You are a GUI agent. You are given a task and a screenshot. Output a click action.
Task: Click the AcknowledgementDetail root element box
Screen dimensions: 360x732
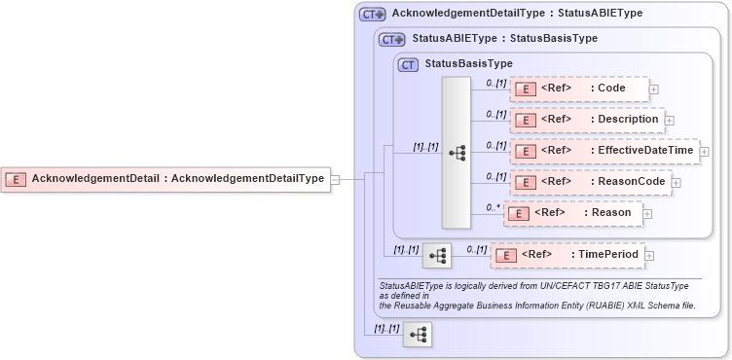165,179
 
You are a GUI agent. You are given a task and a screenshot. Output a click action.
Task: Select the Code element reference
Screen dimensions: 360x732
579,89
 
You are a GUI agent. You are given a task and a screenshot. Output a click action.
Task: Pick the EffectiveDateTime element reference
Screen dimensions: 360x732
604,151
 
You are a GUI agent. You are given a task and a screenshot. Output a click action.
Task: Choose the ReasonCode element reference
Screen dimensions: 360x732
589,182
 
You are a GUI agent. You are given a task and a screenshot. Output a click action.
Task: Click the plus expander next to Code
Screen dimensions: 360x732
654,90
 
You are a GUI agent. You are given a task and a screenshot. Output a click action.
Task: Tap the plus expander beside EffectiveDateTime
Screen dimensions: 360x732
705,152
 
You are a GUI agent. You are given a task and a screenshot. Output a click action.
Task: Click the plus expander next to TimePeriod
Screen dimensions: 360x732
650,256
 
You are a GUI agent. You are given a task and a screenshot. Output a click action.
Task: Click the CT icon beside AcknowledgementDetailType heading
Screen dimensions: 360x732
373,15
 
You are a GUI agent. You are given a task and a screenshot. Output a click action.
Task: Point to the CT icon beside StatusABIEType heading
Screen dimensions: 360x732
392,40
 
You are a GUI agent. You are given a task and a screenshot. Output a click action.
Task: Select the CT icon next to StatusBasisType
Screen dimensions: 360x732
409,64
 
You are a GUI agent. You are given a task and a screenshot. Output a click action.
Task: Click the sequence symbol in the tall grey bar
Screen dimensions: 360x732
457,153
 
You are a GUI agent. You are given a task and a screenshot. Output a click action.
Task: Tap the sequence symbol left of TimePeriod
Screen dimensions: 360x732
437,256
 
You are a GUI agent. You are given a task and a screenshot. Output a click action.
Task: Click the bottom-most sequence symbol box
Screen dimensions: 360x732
418,335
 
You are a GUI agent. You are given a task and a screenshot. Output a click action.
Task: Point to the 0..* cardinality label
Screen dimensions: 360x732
494,206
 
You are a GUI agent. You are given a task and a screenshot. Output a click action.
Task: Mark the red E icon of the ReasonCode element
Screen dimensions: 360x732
525,182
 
